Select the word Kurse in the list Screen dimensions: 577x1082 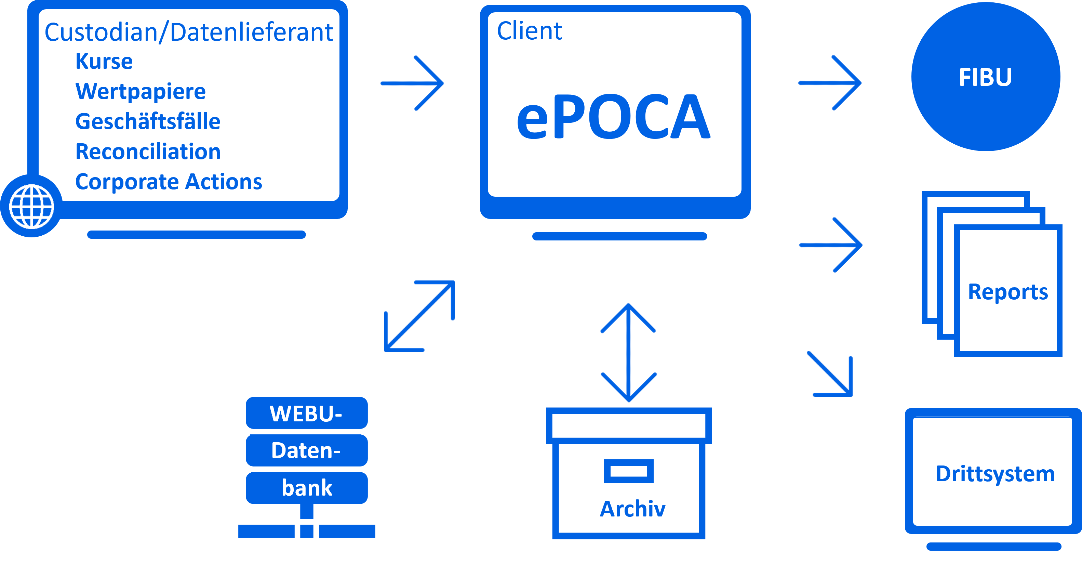(x=104, y=61)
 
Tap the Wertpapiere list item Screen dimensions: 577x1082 (x=140, y=92)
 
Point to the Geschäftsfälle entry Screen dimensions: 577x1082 (x=147, y=121)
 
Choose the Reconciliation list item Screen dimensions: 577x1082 (x=148, y=152)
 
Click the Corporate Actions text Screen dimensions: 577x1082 (x=169, y=182)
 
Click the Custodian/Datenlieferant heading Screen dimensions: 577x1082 (x=189, y=32)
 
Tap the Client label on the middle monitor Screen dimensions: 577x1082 (x=529, y=31)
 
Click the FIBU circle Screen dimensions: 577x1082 (x=985, y=77)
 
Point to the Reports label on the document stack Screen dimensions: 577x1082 (x=1008, y=292)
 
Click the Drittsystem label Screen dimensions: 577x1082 (x=994, y=474)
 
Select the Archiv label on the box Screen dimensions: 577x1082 (x=632, y=509)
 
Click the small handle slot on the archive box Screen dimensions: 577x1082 (x=628, y=471)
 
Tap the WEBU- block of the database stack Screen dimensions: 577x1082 (x=306, y=413)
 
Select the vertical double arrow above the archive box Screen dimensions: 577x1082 (x=628, y=352)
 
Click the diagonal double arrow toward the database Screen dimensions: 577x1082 (x=419, y=316)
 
